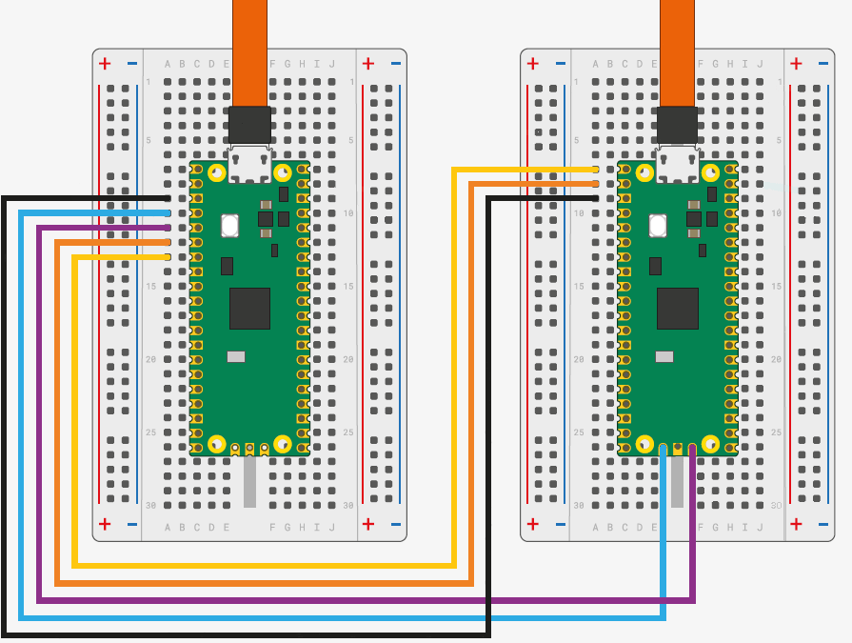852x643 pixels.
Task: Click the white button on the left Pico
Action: [229, 226]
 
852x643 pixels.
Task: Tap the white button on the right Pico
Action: [658, 226]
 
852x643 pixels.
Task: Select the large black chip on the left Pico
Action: [249, 308]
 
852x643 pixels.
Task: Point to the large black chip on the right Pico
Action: [678, 308]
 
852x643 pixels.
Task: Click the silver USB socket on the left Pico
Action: [250, 164]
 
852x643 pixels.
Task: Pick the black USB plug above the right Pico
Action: [678, 125]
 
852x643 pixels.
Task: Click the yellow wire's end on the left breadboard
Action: [168, 257]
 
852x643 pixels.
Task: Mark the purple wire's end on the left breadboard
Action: [168, 228]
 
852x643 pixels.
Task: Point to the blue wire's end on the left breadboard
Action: [168, 212]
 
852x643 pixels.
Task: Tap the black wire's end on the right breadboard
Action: [596, 198]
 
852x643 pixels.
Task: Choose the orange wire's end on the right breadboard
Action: [596, 183]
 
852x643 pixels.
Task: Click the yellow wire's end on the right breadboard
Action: [596, 169]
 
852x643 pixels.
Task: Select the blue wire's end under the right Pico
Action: [664, 447]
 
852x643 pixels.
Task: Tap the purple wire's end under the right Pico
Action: [692, 447]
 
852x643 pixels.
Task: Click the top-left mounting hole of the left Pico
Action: [217, 172]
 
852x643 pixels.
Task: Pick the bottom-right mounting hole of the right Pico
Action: [710, 444]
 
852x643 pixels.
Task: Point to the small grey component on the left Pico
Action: [235, 357]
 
